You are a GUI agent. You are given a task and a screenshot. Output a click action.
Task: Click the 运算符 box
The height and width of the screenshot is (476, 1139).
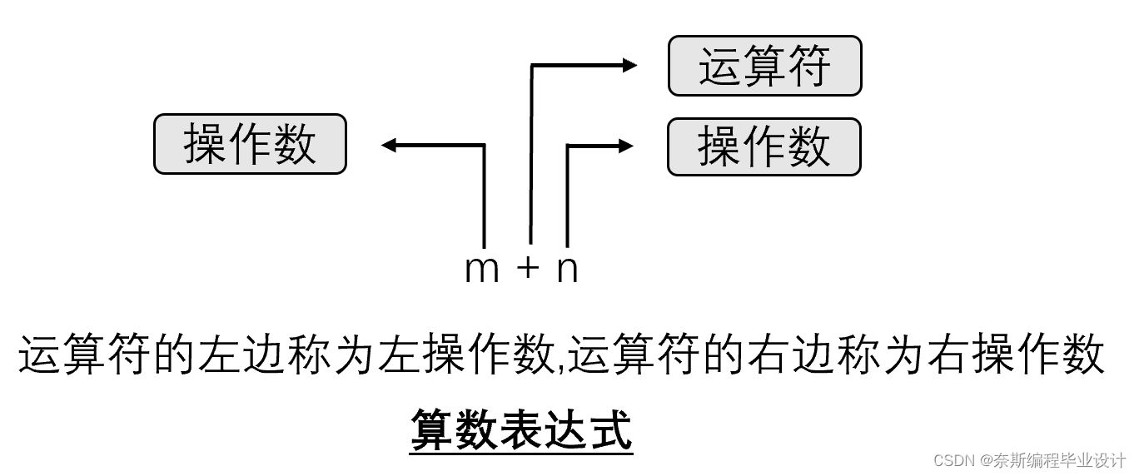764,66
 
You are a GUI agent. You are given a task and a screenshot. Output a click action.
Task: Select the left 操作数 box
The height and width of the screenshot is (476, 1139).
250,144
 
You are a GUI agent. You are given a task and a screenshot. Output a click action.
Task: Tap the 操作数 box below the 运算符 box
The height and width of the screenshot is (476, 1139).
763,147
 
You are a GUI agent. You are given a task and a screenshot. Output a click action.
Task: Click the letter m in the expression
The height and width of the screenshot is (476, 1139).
481,270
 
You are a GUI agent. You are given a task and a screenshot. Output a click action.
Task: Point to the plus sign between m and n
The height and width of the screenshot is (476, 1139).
528,268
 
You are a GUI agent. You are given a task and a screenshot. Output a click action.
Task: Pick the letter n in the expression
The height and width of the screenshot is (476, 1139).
567,270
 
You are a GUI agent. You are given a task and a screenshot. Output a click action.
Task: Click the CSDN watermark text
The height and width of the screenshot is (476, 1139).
1029,460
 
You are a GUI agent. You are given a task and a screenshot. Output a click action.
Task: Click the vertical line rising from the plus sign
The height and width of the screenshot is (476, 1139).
530,158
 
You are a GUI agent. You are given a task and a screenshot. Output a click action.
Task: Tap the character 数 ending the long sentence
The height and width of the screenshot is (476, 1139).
1082,356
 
